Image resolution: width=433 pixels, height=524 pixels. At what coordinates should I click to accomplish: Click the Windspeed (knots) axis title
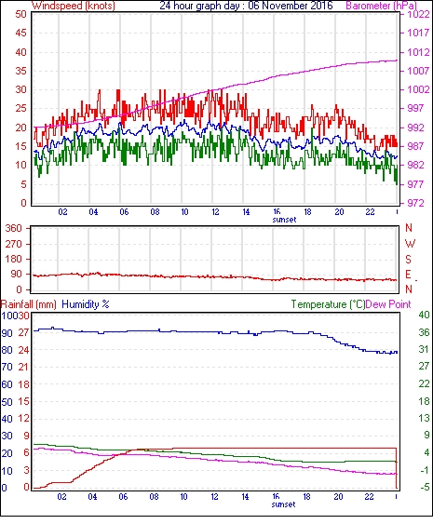pos(74,6)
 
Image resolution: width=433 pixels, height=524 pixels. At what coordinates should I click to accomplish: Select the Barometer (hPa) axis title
pos(381,6)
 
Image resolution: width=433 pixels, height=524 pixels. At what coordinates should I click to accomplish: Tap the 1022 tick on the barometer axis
pos(418,14)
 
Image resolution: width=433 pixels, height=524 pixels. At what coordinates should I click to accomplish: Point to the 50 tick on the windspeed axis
pos(20,14)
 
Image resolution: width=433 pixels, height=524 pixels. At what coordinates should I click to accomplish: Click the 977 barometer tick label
pos(414,184)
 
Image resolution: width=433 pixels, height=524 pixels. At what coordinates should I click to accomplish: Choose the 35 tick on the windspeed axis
pos(20,71)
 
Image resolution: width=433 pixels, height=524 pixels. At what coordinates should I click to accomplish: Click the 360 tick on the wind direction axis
pos(14,229)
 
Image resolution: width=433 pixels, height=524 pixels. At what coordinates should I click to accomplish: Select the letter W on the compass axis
pos(410,244)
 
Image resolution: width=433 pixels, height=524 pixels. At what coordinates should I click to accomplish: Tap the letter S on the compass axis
pos(408,259)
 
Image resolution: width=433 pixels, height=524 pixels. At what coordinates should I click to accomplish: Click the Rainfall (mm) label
pos(29,304)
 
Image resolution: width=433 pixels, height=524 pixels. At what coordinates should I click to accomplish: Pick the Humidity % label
pos(86,304)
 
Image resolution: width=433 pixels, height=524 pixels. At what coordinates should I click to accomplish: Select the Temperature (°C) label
pos(328,304)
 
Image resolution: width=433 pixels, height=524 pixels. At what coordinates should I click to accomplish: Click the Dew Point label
pos(388,304)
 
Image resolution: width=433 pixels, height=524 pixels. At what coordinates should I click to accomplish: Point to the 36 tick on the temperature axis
pos(424,332)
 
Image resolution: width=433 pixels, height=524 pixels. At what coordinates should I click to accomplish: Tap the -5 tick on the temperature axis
pos(425,487)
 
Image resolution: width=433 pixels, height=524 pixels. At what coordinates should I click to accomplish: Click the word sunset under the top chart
pos(284,220)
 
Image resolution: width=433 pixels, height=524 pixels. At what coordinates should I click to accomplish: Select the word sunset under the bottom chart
pos(283,504)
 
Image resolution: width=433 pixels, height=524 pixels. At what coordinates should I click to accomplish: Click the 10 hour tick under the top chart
pos(184,212)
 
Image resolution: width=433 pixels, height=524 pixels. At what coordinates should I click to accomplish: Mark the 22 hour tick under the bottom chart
pos(369,497)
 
